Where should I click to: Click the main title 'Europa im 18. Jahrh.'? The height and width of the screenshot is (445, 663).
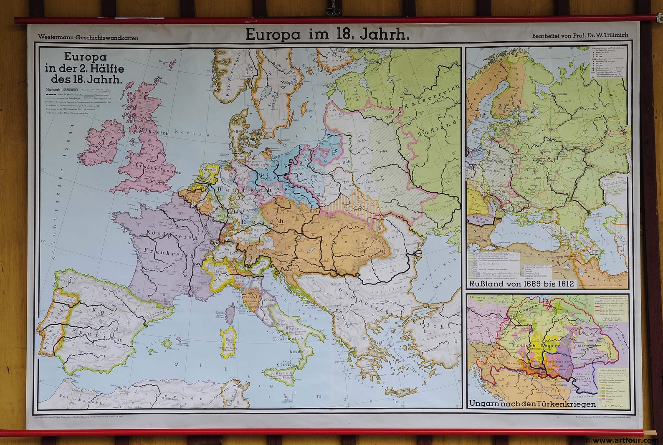click(x=327, y=34)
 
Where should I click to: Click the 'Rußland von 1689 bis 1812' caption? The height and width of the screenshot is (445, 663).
click(x=521, y=284)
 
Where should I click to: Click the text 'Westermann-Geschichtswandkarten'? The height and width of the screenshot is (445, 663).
click(x=88, y=38)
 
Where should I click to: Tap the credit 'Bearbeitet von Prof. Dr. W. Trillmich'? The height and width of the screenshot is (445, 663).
click(x=579, y=36)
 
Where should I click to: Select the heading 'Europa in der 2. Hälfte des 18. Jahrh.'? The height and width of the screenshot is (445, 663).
click(x=85, y=68)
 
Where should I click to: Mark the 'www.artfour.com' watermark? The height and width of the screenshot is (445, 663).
click(x=625, y=440)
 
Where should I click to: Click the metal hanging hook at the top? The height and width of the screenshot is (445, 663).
click(x=332, y=9)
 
